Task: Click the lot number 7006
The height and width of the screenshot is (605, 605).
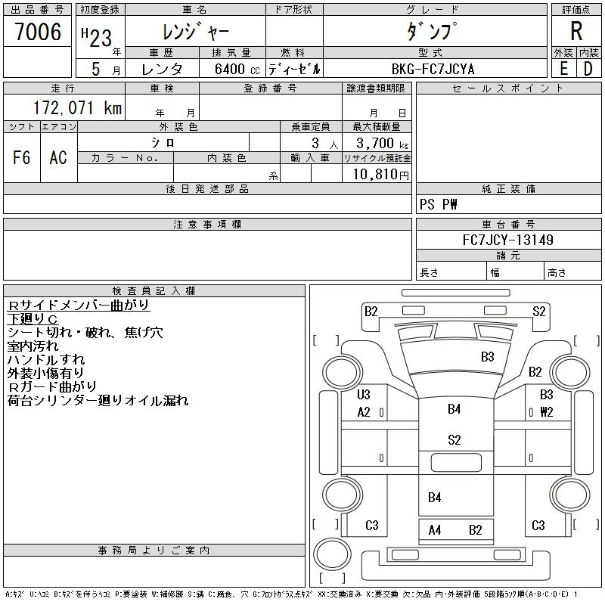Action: pos(38,32)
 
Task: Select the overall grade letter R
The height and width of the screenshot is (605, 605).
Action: pos(576,31)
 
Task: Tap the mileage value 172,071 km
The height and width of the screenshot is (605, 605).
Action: pos(77,108)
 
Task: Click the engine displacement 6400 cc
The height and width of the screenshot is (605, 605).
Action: pos(237,70)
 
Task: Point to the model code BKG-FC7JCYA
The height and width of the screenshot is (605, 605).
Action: pos(433,70)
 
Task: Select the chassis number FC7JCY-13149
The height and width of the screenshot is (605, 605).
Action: pos(507,240)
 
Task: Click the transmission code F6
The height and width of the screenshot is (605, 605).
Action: pos(21,157)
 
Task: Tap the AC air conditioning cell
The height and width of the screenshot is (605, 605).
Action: pos(58,157)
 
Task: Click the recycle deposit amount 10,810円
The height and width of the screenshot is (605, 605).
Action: pos(380,175)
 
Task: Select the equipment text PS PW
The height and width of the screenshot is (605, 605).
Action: pos(438,204)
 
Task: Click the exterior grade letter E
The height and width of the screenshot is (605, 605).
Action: pos(563,69)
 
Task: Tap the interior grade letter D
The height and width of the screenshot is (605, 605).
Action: pos(588,69)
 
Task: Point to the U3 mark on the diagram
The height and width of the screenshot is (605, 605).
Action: pos(364,394)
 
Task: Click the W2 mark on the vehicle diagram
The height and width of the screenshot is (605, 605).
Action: pos(546,412)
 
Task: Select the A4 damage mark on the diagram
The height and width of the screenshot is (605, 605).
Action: pos(434,530)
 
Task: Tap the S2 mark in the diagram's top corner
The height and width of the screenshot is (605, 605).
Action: pos(539,312)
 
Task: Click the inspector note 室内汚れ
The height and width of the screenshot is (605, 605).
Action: pos(33,346)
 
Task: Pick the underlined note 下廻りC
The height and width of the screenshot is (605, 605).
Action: pos(33,319)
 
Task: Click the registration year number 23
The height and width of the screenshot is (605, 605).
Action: pos(101,39)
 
